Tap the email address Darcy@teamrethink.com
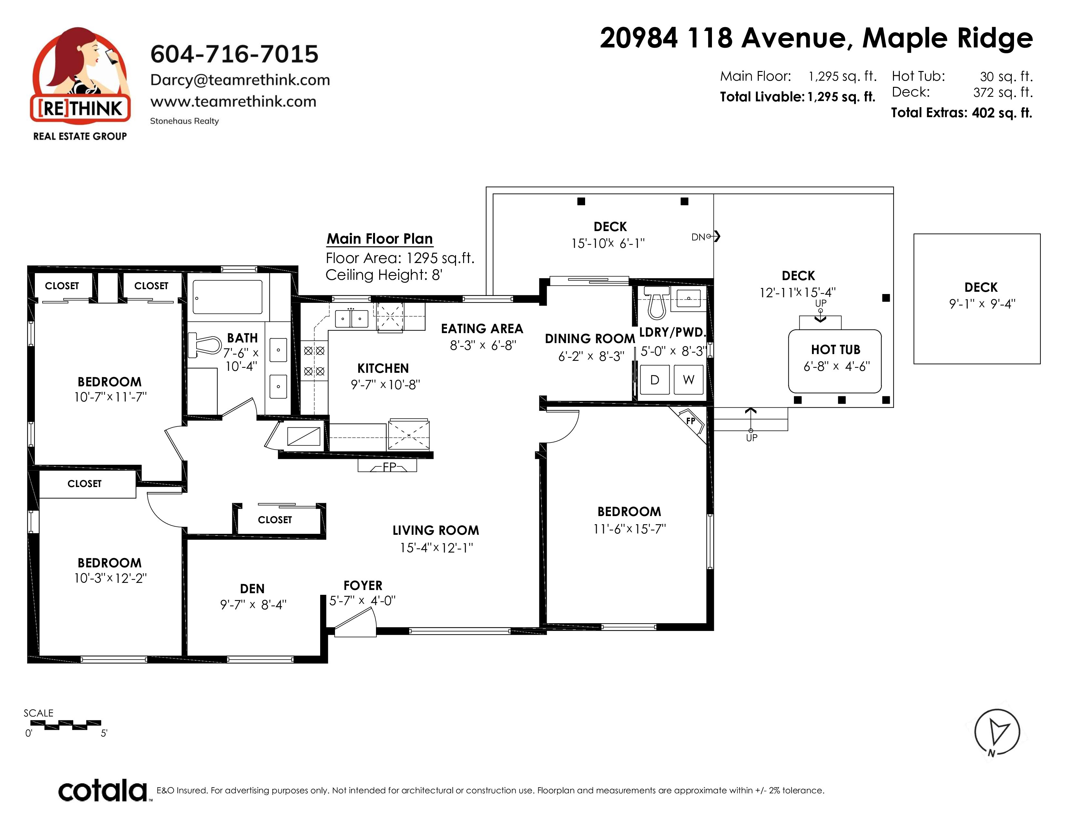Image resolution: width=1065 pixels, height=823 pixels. click(x=240, y=80)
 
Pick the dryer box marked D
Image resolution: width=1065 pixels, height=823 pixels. click(x=654, y=379)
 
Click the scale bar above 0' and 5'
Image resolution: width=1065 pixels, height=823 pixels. click(x=65, y=725)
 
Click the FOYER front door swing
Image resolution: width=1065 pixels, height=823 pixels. click(x=355, y=624)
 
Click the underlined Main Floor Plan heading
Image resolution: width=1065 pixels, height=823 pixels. click(x=380, y=239)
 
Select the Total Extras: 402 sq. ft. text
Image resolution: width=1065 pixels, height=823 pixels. click(x=962, y=113)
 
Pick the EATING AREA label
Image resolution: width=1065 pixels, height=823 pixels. click(x=482, y=329)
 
